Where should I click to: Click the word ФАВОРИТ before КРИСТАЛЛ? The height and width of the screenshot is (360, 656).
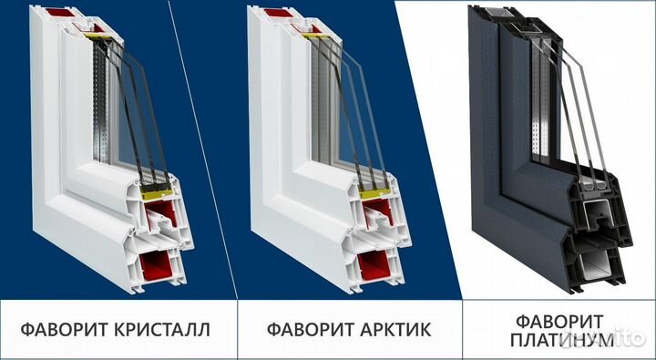coord(57,329)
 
